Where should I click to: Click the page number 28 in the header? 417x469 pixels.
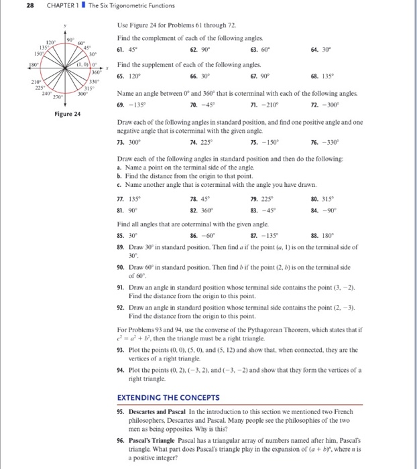point(11,6)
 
